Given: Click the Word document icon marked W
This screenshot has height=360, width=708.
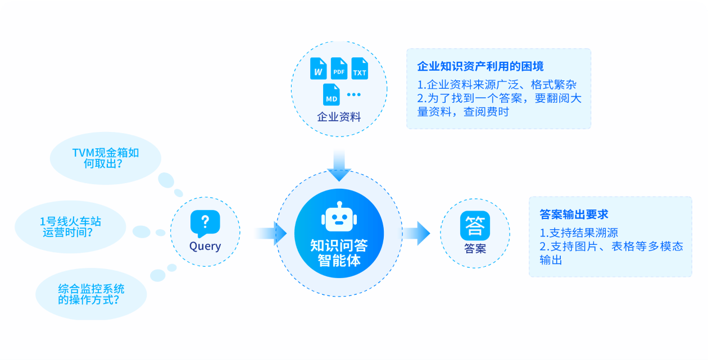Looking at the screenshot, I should (319, 69).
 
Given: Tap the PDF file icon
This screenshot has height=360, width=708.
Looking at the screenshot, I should (339, 69).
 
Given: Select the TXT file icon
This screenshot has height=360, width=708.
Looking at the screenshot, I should (360, 69).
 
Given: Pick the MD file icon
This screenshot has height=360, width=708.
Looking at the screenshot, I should (332, 94).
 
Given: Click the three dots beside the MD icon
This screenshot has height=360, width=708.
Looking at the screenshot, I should (353, 94).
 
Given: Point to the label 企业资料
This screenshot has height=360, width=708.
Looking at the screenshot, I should (339, 117).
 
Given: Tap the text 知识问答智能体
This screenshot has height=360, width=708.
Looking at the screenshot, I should (339, 253).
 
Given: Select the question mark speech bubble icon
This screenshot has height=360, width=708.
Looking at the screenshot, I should (205, 223).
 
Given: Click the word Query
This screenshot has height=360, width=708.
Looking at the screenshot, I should (205, 246).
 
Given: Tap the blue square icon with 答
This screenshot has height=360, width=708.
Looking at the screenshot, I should (475, 226).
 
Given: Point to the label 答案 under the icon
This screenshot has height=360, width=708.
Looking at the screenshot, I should (475, 248).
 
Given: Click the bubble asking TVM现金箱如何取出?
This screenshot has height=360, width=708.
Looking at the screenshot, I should (106, 158).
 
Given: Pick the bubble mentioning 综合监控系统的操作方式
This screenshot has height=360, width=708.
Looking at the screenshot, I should (91, 294).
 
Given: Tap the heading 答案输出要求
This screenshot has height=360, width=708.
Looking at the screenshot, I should (574, 214).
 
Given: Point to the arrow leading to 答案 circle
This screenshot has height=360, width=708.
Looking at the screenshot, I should (416, 233).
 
